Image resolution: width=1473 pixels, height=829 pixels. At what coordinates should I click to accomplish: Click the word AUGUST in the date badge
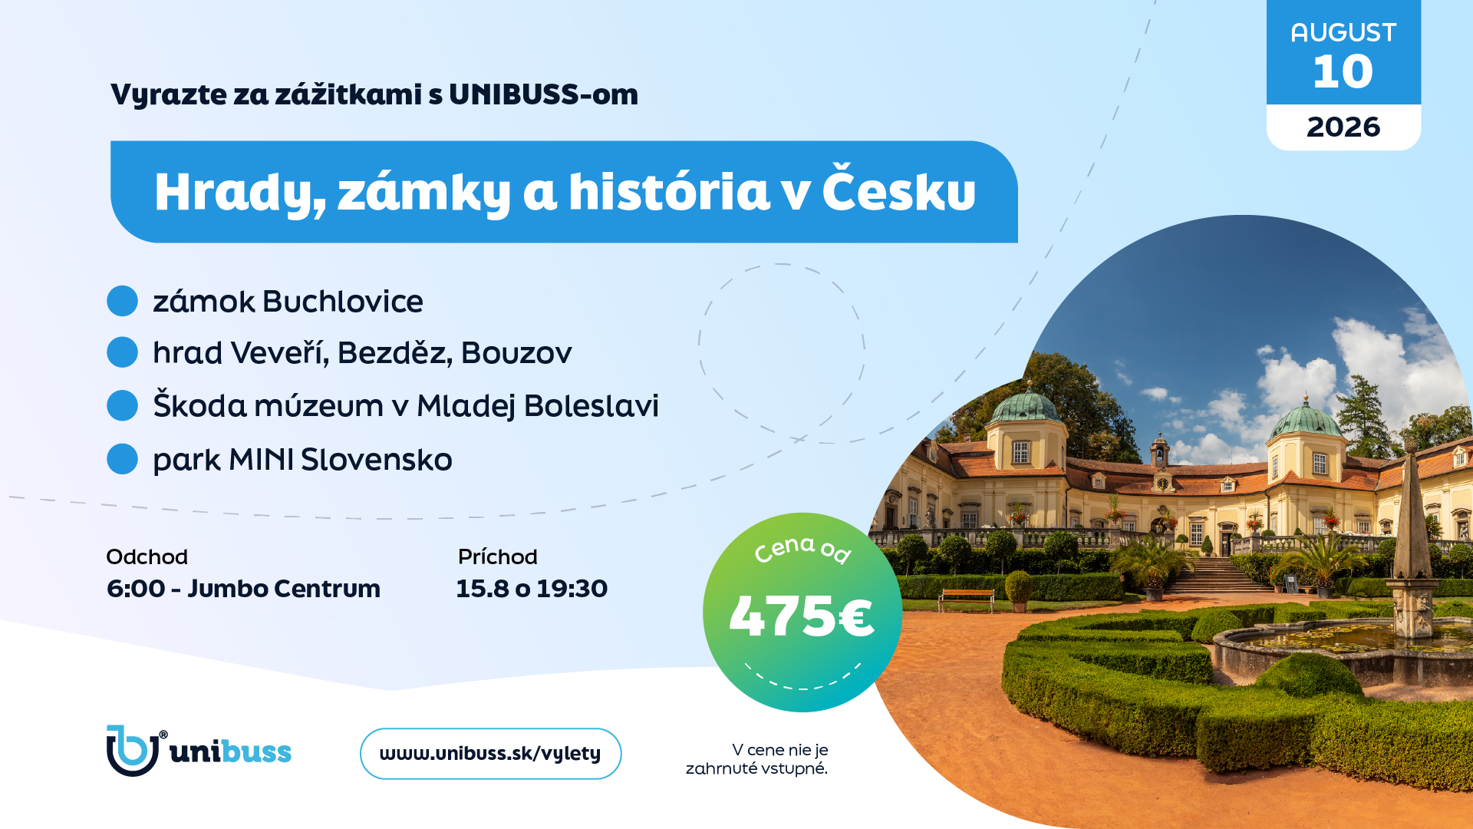tap(1343, 32)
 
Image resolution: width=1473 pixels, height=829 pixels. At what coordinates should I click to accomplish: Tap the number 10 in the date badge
tap(1343, 71)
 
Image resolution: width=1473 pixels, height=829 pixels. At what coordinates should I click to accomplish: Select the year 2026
tap(1343, 127)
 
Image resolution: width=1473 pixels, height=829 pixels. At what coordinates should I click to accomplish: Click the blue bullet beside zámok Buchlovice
tap(122, 301)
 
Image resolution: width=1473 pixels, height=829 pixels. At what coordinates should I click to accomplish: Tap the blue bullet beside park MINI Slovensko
tap(122, 459)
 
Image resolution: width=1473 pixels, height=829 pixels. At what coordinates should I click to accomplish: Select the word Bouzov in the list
tap(516, 353)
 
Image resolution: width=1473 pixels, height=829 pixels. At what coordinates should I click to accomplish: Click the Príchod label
tap(497, 557)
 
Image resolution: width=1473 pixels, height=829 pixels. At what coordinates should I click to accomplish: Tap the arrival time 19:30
tap(572, 589)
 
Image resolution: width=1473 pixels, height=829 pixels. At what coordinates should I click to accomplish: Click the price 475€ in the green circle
tap(802, 616)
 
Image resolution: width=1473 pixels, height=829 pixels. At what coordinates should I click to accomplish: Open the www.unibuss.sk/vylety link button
tap(490, 754)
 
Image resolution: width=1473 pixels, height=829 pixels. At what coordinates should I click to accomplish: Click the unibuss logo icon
tap(133, 751)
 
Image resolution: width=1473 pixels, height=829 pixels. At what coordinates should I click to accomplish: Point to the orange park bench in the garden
tap(966, 598)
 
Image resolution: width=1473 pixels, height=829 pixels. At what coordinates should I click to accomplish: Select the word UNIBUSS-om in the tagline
tap(543, 94)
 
